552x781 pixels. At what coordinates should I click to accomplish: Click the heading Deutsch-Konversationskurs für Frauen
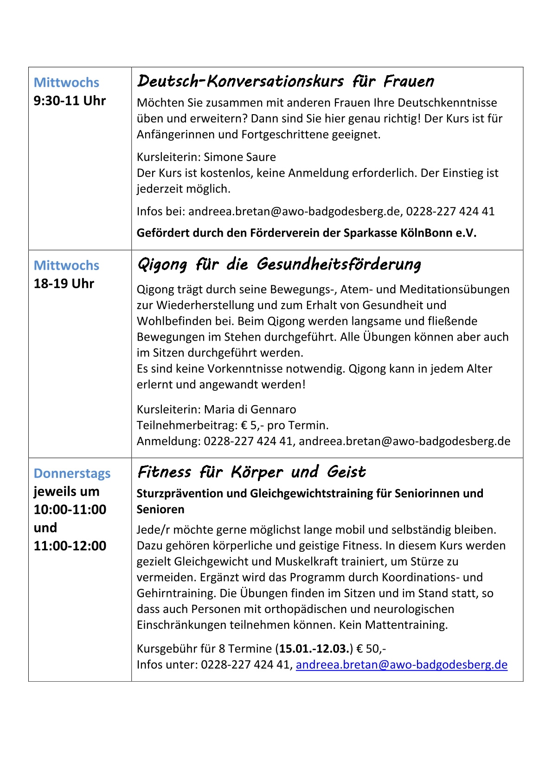(x=285, y=82)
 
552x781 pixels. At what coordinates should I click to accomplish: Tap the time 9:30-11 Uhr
(x=70, y=101)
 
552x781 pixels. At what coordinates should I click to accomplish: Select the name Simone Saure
(x=240, y=157)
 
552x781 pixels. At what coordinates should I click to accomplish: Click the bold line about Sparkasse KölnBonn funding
(x=306, y=232)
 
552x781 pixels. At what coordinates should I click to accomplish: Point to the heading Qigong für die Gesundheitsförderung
(x=279, y=265)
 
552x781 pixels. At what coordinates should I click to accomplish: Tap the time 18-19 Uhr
(x=64, y=284)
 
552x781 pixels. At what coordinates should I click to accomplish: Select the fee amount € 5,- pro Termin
(x=285, y=425)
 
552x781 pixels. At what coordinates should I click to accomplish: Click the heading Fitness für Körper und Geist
(x=251, y=472)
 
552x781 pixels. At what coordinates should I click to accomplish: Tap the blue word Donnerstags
(x=72, y=473)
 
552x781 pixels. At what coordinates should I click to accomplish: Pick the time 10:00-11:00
(x=70, y=510)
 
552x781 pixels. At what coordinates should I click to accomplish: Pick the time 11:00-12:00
(x=70, y=546)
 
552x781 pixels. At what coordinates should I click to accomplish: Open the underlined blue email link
(x=401, y=665)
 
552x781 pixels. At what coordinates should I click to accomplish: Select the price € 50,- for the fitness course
(x=371, y=648)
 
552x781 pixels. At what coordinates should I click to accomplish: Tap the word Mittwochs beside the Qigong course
(x=66, y=265)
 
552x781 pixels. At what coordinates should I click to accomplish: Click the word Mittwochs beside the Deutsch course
(x=66, y=83)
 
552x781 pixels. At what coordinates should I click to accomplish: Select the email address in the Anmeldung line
(x=404, y=441)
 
